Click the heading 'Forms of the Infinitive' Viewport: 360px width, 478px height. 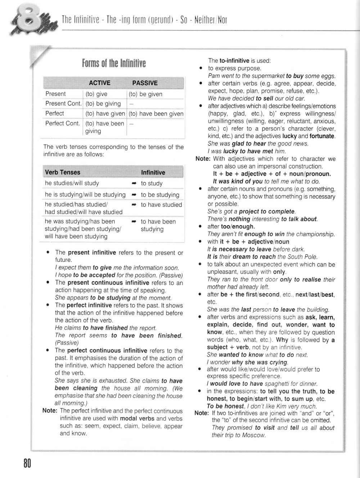[114, 64]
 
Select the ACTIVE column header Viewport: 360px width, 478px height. [100, 83]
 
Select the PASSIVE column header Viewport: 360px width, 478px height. [145, 83]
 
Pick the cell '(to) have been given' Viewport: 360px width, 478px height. [156, 114]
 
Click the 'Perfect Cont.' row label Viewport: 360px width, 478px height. [63, 123]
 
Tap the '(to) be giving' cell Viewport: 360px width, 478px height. [103, 104]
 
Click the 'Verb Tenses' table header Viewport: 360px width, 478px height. [63, 172]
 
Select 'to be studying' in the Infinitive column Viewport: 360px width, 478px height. [160, 195]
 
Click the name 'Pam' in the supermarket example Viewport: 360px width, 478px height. [214, 76]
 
